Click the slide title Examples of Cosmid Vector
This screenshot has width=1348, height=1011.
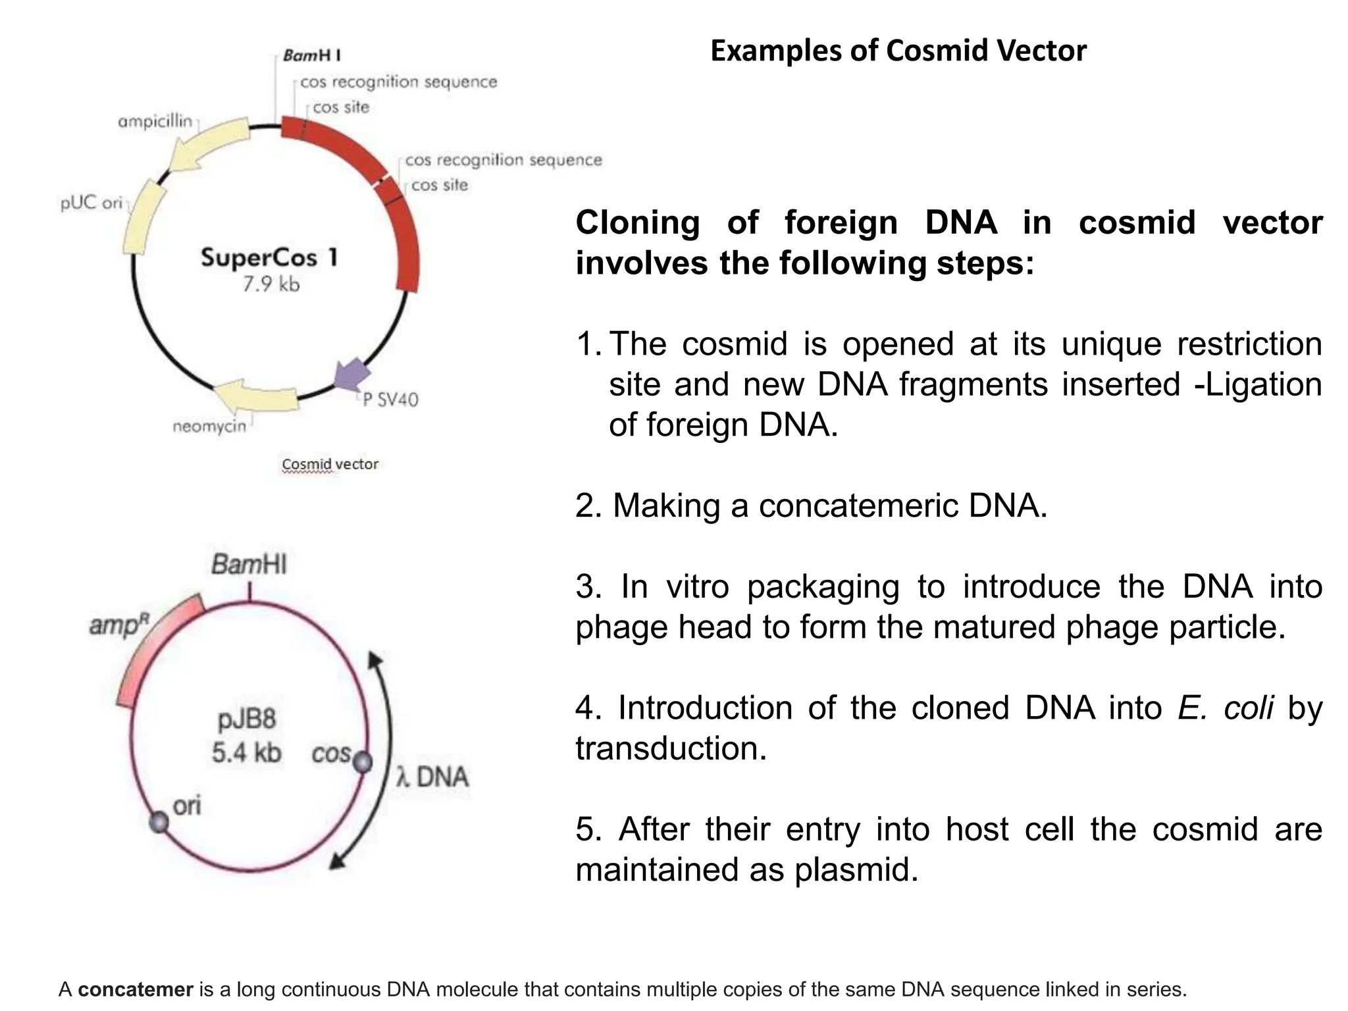pos(898,51)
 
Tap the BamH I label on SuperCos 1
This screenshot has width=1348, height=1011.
pos(312,55)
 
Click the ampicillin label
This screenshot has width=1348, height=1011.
pos(155,122)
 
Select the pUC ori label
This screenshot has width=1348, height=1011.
pos(91,203)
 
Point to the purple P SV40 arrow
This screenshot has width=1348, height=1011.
pos(351,375)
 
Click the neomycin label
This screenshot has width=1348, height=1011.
pos(209,427)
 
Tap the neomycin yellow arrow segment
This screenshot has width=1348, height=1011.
pos(257,396)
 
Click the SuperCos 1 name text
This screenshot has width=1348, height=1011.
pos(270,257)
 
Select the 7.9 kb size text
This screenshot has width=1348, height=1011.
pos(271,284)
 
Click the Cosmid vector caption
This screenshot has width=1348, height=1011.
pos(330,464)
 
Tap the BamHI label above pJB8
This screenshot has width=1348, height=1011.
pos(249,565)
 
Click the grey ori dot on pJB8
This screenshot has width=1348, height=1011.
pos(159,822)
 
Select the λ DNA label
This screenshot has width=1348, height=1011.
pos(432,777)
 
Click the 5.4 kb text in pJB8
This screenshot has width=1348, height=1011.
pos(246,752)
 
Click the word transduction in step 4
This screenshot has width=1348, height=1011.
pos(671,748)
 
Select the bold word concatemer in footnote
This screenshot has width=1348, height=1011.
pos(136,989)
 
